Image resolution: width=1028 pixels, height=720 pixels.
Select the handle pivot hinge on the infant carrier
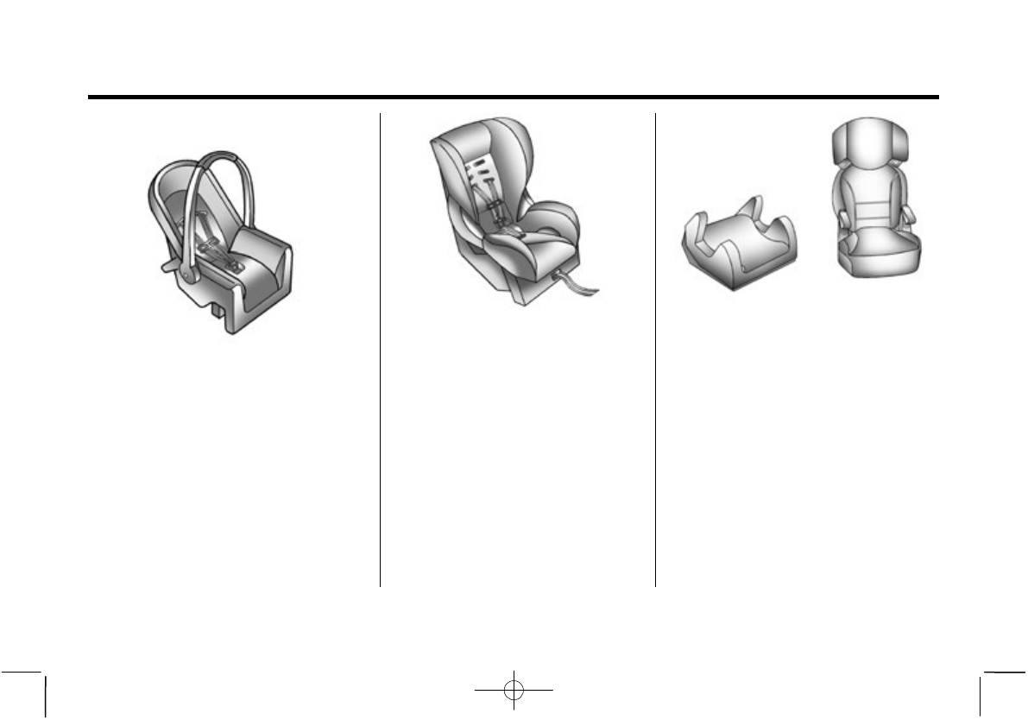coord(186,274)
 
